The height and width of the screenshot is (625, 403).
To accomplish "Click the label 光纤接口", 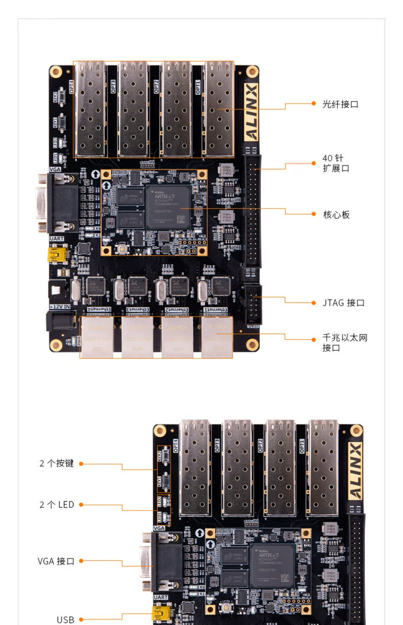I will pyautogui.click(x=340, y=104).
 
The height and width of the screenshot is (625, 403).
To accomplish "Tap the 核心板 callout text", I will pyautogui.click(x=336, y=215).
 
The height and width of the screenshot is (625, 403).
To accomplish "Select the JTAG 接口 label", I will pyautogui.click(x=343, y=303).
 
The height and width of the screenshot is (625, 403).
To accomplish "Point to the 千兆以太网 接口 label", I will pyautogui.click(x=344, y=342).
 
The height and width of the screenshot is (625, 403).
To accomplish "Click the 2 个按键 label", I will pyautogui.click(x=57, y=463).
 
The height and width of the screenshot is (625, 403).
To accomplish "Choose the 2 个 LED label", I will pyautogui.click(x=57, y=505).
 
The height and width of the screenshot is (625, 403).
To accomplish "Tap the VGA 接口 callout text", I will pyautogui.click(x=56, y=561).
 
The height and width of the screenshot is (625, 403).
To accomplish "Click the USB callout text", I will pyautogui.click(x=65, y=620).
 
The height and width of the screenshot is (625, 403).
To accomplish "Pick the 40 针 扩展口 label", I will pyautogui.click(x=336, y=163).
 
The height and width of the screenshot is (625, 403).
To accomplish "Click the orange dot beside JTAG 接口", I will pyautogui.click(x=313, y=303).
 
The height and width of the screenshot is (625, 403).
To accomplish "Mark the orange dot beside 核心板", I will pyautogui.click(x=313, y=214).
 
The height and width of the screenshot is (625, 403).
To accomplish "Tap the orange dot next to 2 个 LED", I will pyautogui.click(x=81, y=505).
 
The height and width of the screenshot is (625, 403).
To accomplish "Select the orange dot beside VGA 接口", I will pyautogui.click(x=81, y=561).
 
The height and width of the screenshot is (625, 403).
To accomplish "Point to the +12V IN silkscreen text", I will pyautogui.click(x=60, y=307).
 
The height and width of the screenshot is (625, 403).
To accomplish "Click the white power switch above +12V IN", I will pyautogui.click(x=57, y=289).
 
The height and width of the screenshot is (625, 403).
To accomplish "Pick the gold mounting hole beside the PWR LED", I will pyautogui.click(x=56, y=345).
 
